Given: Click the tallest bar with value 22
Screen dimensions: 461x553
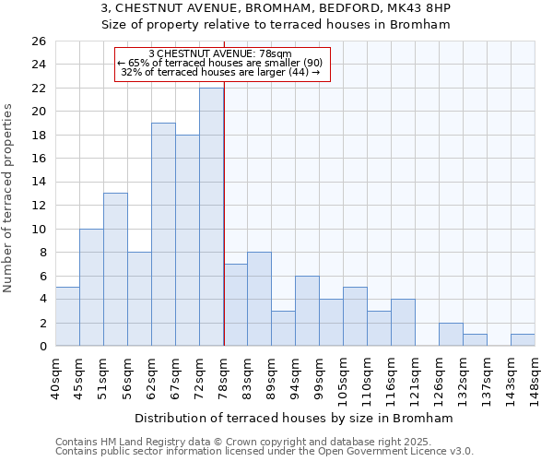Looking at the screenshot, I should [211, 217].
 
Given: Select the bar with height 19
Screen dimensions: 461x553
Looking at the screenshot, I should [163, 234].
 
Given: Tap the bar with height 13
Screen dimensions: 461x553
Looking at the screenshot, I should [115, 269].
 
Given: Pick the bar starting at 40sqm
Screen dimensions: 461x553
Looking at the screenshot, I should [67, 316].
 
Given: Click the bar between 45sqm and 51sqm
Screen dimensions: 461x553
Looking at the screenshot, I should [91, 287].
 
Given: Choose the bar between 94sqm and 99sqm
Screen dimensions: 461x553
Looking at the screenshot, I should [307, 311].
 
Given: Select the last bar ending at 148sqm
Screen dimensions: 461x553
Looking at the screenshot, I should [523, 340].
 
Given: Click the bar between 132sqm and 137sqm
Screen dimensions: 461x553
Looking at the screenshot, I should [475, 340].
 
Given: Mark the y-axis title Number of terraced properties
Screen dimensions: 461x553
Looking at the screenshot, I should [10, 198].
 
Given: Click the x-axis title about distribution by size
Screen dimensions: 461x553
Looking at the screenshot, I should [293, 418].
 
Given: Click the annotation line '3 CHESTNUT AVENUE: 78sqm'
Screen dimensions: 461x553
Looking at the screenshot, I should [220, 54].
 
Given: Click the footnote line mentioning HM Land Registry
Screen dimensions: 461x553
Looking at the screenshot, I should [249, 442].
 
